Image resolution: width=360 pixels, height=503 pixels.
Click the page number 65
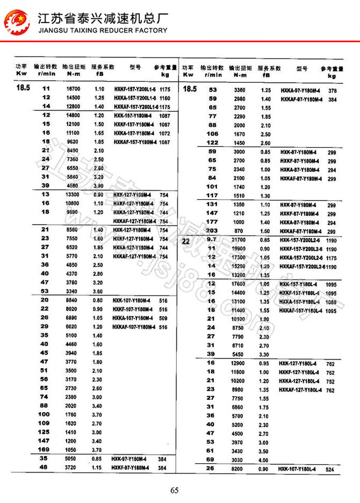tap(174, 490)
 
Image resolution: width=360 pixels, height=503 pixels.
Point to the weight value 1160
tap(165, 98)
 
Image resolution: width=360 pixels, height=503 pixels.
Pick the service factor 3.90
tap(99, 185)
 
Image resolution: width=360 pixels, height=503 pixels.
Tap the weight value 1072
tap(165, 133)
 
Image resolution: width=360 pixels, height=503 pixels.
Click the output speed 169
tap(44, 449)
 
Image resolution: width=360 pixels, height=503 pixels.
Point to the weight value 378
tap(333, 91)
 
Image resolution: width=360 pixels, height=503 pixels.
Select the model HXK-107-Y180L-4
tap(297, 470)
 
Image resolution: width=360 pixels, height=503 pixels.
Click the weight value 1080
tap(330, 301)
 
